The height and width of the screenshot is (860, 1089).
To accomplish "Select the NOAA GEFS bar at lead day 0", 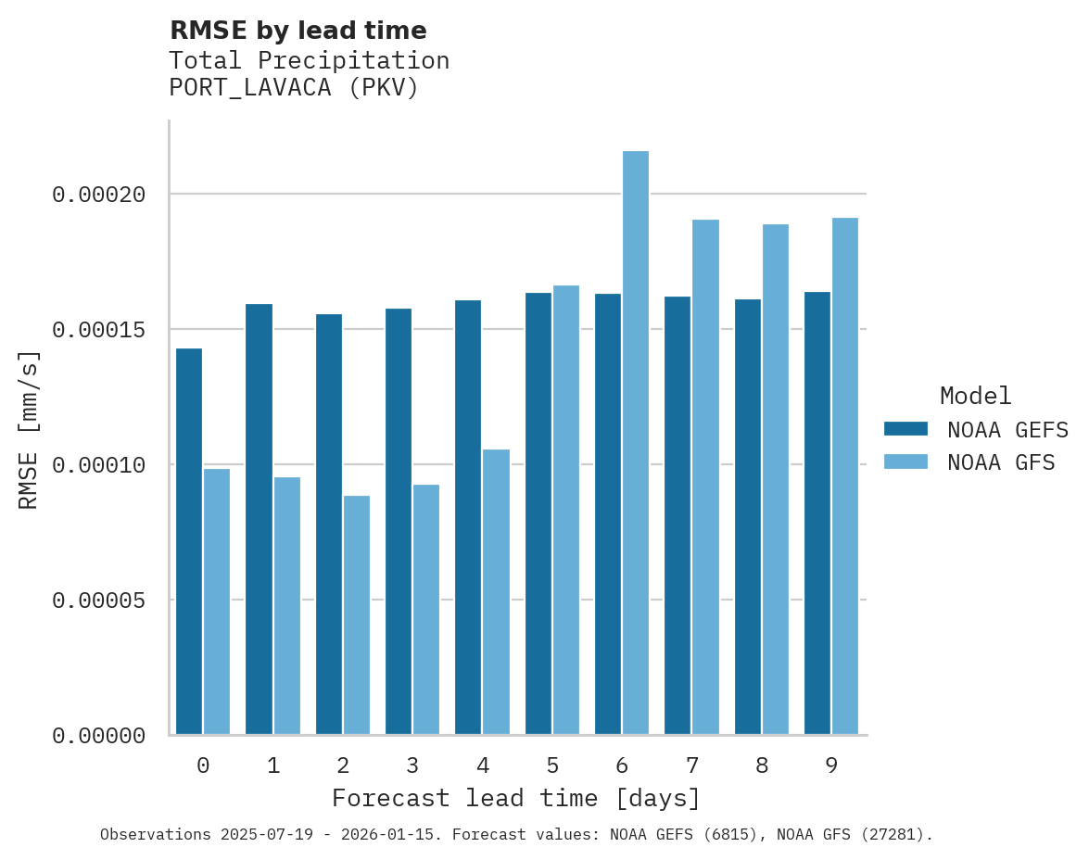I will [189, 541].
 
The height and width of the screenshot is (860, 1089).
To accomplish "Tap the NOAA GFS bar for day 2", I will [357, 615].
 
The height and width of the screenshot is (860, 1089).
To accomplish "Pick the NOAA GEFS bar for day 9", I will [817, 513].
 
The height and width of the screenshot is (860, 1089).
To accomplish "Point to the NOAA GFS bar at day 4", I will [496, 592].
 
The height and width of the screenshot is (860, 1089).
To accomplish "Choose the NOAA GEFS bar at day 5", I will [538, 513].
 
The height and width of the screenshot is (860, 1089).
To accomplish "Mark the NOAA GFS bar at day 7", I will [705, 477].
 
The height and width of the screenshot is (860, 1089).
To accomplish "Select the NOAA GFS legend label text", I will [1001, 462].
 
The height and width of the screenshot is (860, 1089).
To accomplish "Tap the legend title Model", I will [975, 396].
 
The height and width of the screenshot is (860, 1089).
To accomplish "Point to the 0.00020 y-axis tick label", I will [99, 195].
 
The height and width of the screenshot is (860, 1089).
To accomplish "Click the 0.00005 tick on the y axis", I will [99, 601].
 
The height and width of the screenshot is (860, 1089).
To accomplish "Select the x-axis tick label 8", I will [762, 765].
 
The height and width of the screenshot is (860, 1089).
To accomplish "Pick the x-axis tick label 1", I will [273, 765].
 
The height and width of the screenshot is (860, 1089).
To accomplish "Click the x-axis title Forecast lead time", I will [516, 798].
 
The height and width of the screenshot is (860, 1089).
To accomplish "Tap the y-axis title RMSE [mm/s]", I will [29, 429].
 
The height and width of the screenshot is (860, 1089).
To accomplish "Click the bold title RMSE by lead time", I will [298, 31].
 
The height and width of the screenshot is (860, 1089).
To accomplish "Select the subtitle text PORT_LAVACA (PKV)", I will [295, 88].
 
